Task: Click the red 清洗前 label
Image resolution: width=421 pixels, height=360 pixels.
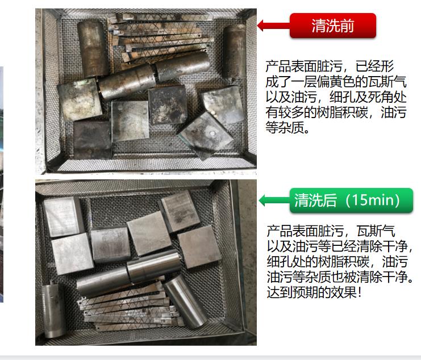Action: (x=333, y=26)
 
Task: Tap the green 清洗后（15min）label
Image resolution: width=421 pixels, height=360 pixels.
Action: (x=351, y=200)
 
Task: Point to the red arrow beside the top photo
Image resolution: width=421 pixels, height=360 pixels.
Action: (x=273, y=26)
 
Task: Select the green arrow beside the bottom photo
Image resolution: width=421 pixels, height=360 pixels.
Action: (x=274, y=200)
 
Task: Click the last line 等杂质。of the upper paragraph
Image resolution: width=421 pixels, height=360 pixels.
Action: (x=287, y=127)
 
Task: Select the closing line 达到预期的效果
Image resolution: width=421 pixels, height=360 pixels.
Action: (x=311, y=292)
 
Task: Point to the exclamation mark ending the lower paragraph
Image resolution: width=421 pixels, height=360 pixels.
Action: (x=360, y=292)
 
